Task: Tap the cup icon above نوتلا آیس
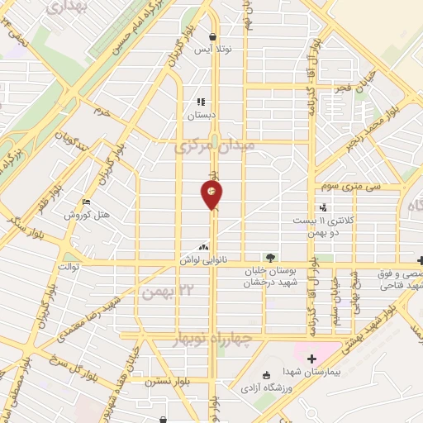pos(213,37)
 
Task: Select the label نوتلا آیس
pos(213,50)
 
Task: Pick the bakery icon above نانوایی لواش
pos(204,246)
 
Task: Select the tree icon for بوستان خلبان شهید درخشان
pos(269,258)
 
